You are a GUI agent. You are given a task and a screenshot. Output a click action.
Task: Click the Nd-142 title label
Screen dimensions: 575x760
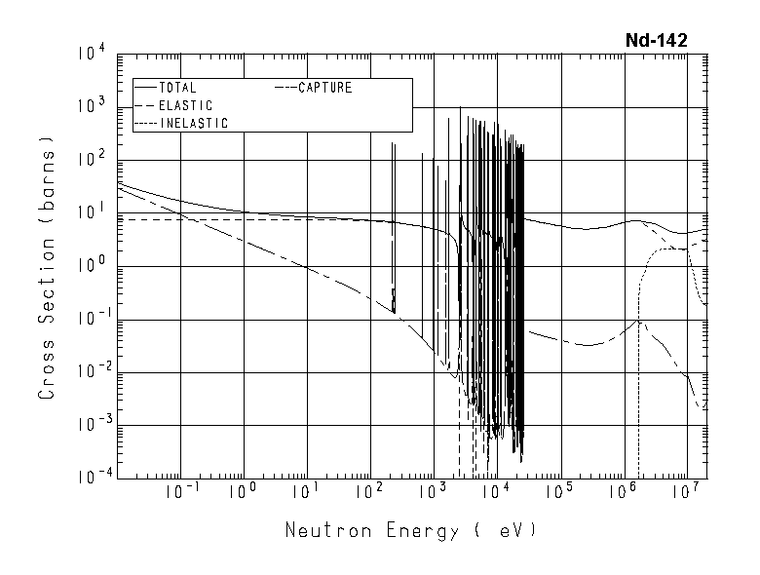tap(657, 40)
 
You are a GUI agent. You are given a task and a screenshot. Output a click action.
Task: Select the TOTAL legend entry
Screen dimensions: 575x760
tap(176, 88)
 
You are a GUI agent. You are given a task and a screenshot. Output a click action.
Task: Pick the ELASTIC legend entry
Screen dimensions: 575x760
tap(184, 105)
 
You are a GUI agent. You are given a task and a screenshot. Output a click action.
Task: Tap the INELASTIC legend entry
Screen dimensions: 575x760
tap(192, 123)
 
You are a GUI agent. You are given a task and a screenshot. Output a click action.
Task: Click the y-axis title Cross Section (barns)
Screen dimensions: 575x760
tap(46, 267)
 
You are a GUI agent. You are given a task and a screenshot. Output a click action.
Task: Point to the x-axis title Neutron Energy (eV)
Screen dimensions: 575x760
tap(410, 531)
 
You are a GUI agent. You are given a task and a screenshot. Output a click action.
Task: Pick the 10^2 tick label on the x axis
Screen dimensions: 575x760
tap(367, 491)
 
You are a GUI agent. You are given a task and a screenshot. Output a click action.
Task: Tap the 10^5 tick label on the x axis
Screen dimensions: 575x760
tap(558, 491)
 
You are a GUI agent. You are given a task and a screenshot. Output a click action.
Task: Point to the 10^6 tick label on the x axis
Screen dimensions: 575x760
tap(622, 491)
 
